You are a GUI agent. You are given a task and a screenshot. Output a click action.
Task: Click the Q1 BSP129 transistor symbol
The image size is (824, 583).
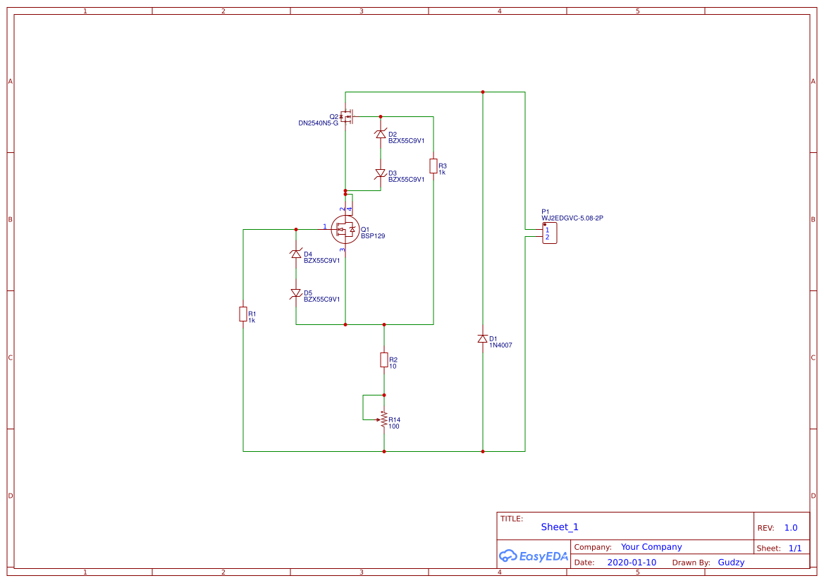point(345,229)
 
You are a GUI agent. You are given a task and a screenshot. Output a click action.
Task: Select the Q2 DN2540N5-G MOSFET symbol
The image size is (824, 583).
point(347,116)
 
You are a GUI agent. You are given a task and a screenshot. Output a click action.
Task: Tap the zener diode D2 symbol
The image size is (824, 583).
point(381,134)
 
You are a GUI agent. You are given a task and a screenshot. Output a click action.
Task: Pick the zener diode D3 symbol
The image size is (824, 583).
point(381,173)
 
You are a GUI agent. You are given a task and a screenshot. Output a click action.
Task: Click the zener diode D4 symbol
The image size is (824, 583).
point(296,254)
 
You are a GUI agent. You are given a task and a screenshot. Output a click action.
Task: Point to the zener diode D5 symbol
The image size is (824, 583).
point(296,293)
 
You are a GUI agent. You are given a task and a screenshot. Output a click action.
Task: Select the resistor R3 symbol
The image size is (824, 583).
point(433,166)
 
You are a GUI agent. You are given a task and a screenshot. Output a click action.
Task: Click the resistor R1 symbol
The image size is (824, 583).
point(243,314)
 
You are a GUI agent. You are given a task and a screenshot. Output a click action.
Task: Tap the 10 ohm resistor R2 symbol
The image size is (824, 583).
point(384,360)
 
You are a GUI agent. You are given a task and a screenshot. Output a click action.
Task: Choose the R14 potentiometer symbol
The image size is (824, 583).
point(383,419)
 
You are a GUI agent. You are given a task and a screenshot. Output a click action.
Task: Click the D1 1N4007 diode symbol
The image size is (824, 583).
point(483,339)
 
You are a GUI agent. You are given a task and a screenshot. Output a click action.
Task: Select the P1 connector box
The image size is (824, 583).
point(550,233)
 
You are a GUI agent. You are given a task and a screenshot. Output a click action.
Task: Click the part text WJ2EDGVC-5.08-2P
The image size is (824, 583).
point(572,219)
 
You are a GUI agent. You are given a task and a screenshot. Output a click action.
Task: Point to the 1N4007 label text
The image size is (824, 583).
point(500,345)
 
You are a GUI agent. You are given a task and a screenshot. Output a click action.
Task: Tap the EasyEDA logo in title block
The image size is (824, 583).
point(534,556)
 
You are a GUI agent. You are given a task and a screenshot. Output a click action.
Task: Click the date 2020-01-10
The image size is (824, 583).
point(631,563)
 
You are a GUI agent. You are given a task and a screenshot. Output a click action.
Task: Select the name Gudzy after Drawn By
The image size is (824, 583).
point(731,563)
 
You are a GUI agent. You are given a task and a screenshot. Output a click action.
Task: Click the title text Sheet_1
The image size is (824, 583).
point(560,527)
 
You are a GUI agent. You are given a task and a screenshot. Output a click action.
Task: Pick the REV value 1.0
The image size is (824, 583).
point(790,527)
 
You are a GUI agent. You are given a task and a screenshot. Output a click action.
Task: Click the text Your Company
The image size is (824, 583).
point(651,547)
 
